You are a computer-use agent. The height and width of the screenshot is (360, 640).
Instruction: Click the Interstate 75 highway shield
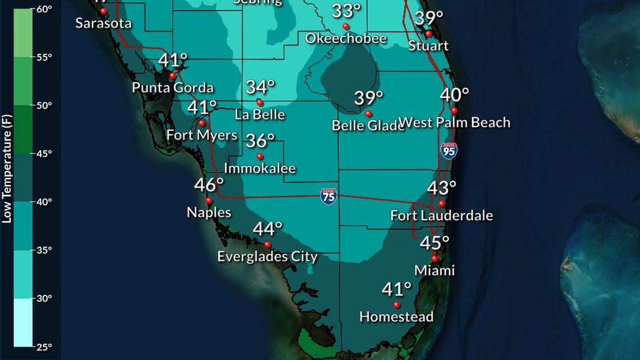pyautogui.click(x=328, y=197)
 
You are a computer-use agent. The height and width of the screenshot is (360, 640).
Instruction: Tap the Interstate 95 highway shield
pyautogui.click(x=449, y=151)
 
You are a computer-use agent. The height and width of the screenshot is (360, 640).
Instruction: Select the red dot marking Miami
pyautogui.click(x=434, y=258)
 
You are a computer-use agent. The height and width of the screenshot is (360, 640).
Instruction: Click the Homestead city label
pyautogui.click(x=396, y=317)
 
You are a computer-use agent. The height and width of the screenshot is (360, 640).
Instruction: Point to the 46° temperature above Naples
pyautogui.click(x=209, y=185)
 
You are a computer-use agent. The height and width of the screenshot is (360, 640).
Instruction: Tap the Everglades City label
pyautogui.click(x=267, y=257)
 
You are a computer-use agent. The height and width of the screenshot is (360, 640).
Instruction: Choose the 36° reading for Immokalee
pyautogui.click(x=260, y=140)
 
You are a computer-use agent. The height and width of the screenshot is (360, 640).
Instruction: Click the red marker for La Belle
pyautogui.click(x=260, y=103)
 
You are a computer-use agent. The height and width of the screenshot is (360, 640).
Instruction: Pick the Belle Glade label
pyautogui.click(x=368, y=125)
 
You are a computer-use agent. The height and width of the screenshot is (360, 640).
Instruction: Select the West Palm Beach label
pyautogui.click(x=455, y=122)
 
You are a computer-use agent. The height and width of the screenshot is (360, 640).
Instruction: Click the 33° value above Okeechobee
pyautogui.click(x=346, y=11)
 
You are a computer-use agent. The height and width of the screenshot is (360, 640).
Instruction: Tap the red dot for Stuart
pyautogui.click(x=428, y=34)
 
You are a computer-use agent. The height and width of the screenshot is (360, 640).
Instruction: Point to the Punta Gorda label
pyautogui.click(x=172, y=88)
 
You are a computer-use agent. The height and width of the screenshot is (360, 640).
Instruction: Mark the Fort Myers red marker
pyautogui.click(x=202, y=123)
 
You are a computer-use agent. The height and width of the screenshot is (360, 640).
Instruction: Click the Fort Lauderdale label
pyautogui.click(x=441, y=215)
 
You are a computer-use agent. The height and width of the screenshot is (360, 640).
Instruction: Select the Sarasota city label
pyautogui.click(x=103, y=23)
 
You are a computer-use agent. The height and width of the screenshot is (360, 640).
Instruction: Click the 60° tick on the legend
pyautogui.click(x=45, y=9)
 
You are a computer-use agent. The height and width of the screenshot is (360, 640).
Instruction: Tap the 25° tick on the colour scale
pyautogui.click(x=45, y=347)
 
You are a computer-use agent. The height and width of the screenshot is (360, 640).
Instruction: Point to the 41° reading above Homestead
pyautogui.click(x=396, y=290)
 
